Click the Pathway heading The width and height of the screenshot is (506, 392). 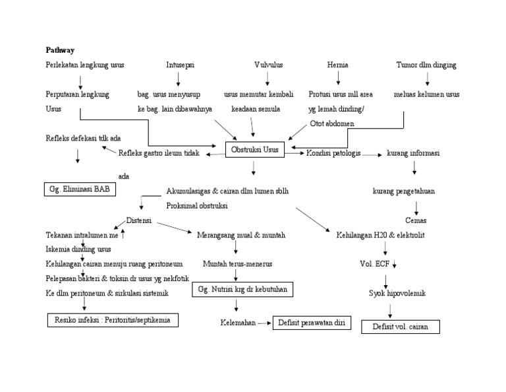click(x=60, y=49)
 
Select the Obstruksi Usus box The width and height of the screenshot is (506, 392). click(x=254, y=150)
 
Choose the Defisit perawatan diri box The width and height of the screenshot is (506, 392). click(x=312, y=323)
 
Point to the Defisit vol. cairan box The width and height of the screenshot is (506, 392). click(x=401, y=327)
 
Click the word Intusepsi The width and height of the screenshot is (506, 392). click(x=180, y=65)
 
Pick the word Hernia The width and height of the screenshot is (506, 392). click(x=338, y=65)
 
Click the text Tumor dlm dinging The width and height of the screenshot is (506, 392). click(x=426, y=65)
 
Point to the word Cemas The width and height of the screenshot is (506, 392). click(x=415, y=220)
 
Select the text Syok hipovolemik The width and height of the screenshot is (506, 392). click(x=397, y=293)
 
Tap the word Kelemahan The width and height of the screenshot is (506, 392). click(x=237, y=323)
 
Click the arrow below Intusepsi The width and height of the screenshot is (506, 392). click(x=179, y=80)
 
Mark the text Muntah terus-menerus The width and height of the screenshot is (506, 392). click(x=237, y=264)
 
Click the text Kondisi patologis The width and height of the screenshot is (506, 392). click(x=333, y=153)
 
